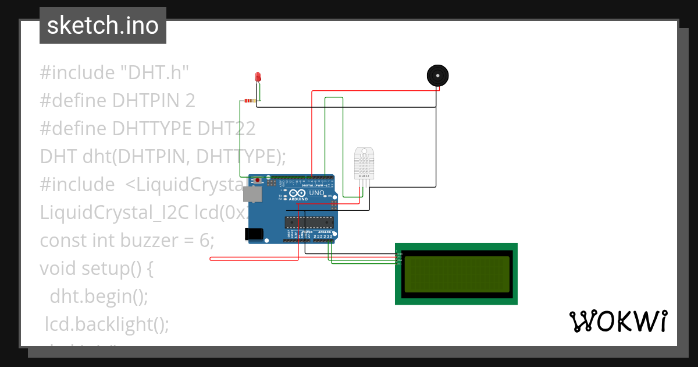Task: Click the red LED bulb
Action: [x=258, y=77]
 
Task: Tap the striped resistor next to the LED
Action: [x=250, y=101]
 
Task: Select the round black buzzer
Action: [x=437, y=76]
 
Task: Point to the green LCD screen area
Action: [x=457, y=274]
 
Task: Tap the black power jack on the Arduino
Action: [x=254, y=234]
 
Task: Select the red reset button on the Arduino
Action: [x=257, y=181]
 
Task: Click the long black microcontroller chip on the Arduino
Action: [x=309, y=221]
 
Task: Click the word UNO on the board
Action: [x=317, y=193]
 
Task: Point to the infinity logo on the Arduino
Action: [x=297, y=193]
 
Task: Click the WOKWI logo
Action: [x=618, y=322]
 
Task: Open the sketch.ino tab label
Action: [x=103, y=26]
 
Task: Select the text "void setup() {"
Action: [x=96, y=269]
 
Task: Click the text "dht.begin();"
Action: [x=99, y=297]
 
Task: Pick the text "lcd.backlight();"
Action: [x=108, y=324]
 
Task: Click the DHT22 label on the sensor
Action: [x=364, y=175]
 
